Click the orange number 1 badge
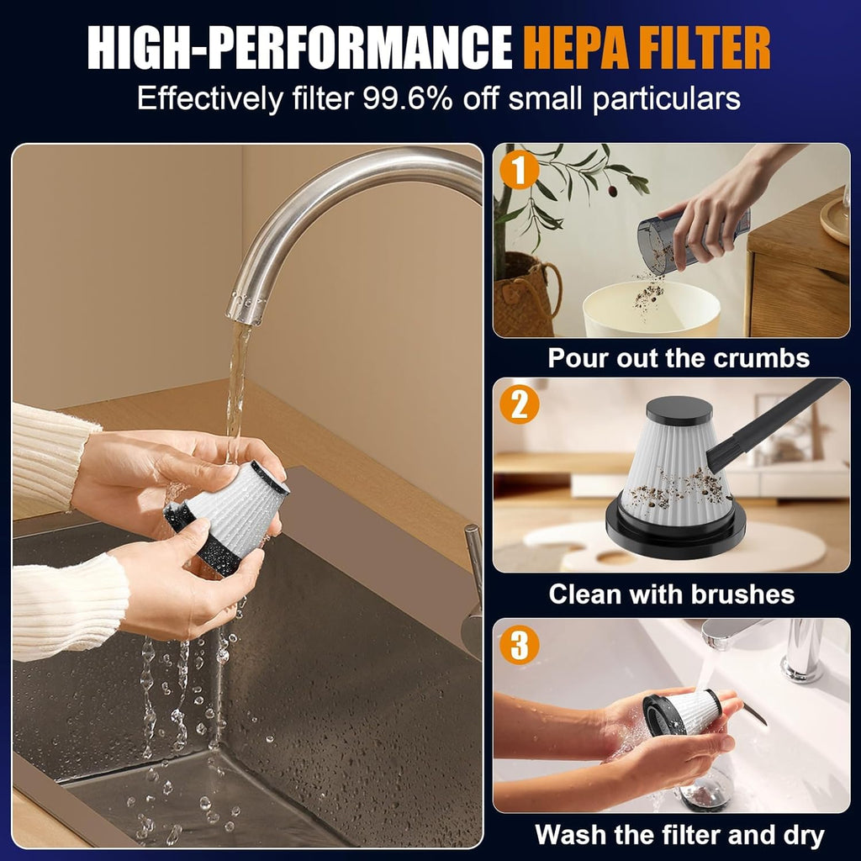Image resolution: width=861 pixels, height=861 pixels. coord(519,170)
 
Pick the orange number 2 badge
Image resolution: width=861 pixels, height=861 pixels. coord(519,404)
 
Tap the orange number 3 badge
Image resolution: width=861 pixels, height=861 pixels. coord(519,644)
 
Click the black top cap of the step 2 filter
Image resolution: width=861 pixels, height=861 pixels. coord(679,409)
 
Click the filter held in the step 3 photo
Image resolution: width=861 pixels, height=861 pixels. coord(681,712)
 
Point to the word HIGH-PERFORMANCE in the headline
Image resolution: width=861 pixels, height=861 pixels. coord(300,48)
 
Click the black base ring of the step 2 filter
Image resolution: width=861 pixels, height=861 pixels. coord(675,527)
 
